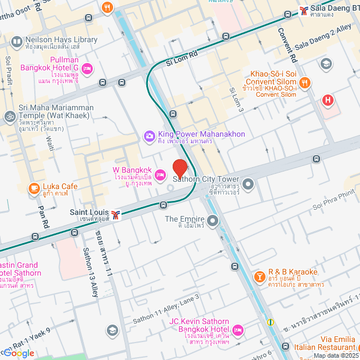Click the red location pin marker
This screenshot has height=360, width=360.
point(179,169)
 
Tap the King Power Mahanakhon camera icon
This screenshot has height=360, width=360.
point(149,136)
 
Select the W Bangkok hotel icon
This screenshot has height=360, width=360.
point(160,175)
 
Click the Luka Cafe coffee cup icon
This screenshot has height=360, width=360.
point(34,187)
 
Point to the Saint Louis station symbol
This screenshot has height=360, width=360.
point(116,214)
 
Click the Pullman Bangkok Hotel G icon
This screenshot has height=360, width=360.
point(87,69)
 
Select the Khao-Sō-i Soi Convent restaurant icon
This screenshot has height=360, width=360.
point(304,83)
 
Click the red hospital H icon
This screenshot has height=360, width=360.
point(328,101)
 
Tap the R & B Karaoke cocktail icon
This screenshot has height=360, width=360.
point(259,276)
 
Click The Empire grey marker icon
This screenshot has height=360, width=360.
point(212,220)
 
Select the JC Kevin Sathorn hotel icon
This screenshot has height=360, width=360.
point(237,329)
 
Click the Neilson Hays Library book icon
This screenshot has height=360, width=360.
point(16,41)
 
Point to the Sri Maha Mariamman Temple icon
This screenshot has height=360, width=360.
point(9,117)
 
